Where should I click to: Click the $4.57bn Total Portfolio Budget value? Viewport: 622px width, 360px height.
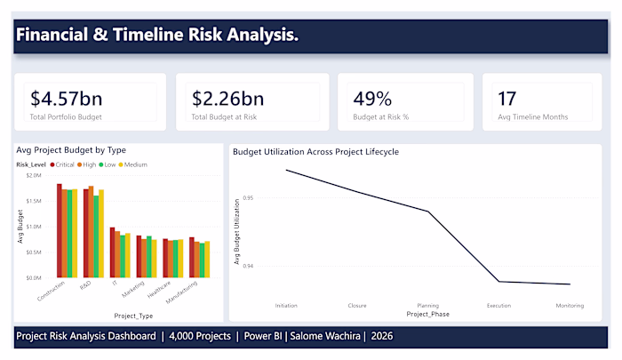coord(67,99)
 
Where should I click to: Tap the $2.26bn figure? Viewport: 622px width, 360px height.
coord(227,99)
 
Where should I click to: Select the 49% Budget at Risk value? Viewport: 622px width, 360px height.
coord(372,99)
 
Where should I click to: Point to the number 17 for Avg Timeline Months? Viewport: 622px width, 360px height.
coord(507,99)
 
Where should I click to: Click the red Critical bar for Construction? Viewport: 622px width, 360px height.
coord(60,230)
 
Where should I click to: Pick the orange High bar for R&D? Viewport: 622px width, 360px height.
coord(91,232)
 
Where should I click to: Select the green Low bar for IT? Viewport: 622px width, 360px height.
coord(123,256)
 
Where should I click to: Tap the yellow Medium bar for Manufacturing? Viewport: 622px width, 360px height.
coord(207,260)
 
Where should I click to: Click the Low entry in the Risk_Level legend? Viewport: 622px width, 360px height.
coord(108,164)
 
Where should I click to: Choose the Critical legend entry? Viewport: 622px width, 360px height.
coord(62,164)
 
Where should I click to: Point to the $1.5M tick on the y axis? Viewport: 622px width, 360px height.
coord(34,201)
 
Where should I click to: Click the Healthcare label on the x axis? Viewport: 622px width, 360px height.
coord(159,290)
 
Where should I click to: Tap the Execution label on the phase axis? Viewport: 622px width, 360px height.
coord(499,306)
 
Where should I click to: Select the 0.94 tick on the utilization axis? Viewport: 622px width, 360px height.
coord(248,266)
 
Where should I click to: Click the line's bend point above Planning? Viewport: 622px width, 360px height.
coord(428,212)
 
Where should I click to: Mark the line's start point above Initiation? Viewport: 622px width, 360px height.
coord(286,171)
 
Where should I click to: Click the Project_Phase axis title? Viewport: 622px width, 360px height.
coord(428,314)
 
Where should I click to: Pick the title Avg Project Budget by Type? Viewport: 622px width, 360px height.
coord(71,150)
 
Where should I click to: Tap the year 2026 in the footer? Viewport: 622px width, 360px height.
coord(381,336)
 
